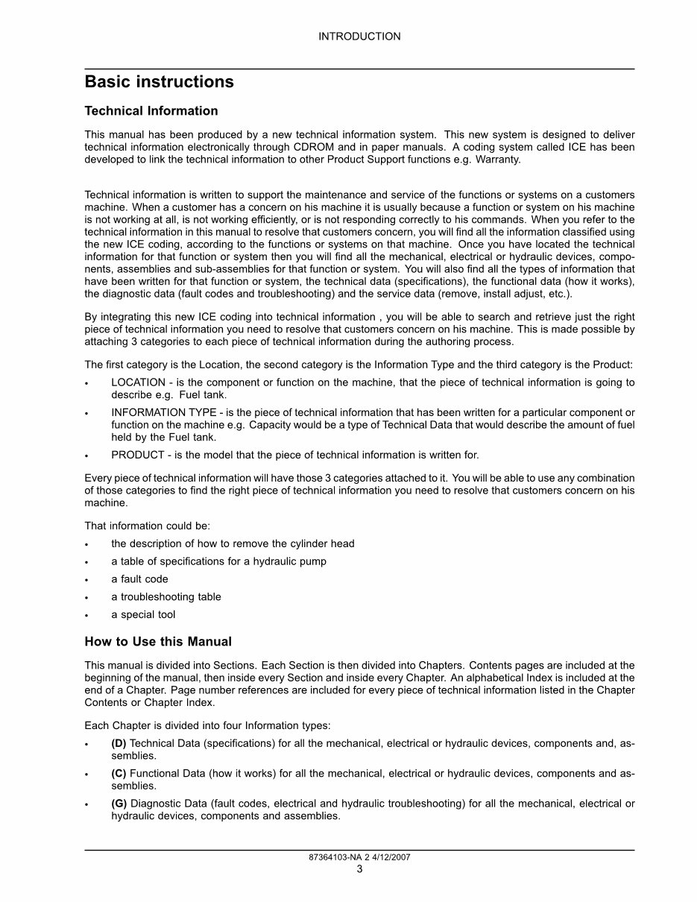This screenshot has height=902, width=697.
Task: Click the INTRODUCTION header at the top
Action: coord(359,37)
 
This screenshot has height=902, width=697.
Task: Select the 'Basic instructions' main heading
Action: coord(159,82)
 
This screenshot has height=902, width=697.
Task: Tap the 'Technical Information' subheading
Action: coord(151,111)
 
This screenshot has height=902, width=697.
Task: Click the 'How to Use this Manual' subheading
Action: coord(158,642)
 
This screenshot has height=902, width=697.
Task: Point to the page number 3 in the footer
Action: coord(359,869)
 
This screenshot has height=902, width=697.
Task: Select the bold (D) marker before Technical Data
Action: coord(119,744)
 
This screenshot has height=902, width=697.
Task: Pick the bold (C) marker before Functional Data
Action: coord(119,774)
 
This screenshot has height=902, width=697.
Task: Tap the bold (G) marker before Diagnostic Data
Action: coord(119,804)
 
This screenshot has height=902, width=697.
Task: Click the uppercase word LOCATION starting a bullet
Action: coord(139,382)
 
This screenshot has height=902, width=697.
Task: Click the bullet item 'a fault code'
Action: coord(139,579)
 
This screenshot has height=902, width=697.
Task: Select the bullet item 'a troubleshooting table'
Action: coord(166,597)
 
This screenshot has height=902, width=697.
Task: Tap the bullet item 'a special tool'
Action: coord(143,615)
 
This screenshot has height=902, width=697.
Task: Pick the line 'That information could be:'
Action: coord(147,526)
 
